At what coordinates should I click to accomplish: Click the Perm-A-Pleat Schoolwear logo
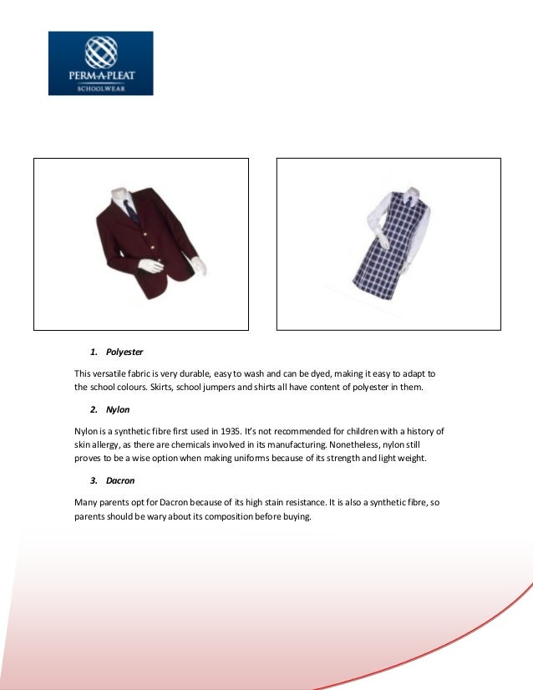(100, 63)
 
